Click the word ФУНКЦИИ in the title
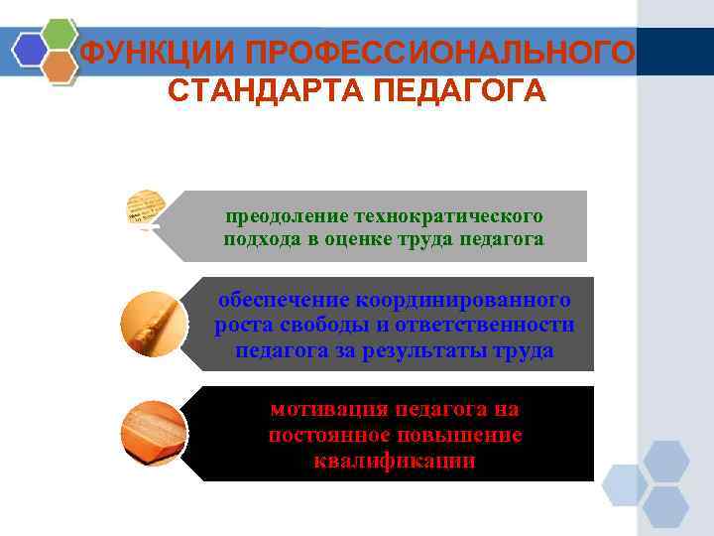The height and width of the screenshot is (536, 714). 128,52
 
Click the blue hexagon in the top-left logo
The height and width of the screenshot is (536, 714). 30,47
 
